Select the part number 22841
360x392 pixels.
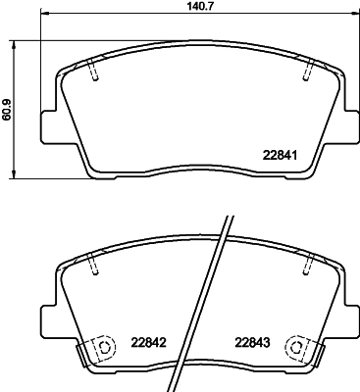[280, 154]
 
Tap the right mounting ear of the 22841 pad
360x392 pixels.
[350, 124]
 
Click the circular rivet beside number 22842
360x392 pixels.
[101, 347]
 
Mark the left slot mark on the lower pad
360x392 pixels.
[93, 262]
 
